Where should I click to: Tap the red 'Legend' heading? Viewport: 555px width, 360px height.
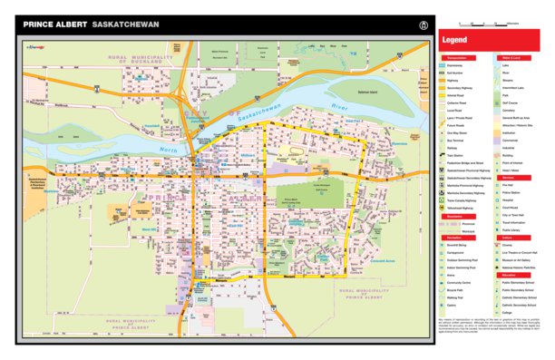(455, 41)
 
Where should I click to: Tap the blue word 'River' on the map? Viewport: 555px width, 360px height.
(340, 108)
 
